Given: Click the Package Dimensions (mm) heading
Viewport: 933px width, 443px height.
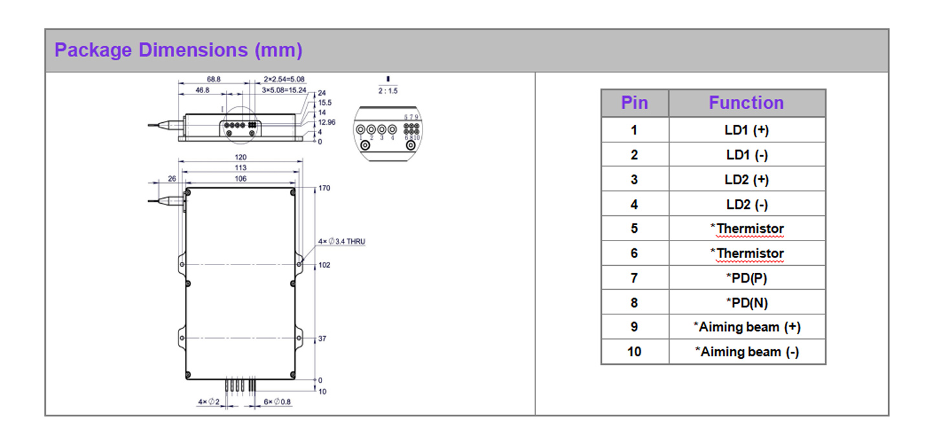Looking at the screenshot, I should tap(178, 50).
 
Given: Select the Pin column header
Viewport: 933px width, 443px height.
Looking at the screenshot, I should tap(634, 103).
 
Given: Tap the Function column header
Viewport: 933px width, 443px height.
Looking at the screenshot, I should tap(746, 103).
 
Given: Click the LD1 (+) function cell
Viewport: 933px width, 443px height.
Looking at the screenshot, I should tap(746, 130).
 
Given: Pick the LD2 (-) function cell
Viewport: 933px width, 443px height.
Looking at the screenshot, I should tap(746, 204).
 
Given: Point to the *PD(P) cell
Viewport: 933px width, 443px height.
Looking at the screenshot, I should tap(746, 278).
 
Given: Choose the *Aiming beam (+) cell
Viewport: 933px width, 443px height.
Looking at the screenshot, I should tap(746, 327).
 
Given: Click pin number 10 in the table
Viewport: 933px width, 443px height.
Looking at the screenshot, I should tap(634, 352).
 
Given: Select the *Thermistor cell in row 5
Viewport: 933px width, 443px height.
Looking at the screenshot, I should tap(746, 229).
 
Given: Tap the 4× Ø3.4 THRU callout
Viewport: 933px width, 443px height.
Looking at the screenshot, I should tap(342, 241).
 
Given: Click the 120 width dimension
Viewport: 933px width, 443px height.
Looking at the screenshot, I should tap(241, 158).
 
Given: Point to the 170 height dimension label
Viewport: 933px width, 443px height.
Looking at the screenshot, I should tap(324, 188).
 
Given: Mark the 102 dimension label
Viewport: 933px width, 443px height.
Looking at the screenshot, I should tap(324, 265).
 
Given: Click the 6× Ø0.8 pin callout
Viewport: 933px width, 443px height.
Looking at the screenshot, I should tap(277, 402).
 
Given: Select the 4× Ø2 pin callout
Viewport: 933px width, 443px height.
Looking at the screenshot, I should tap(209, 402).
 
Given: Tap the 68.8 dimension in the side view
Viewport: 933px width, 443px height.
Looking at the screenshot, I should tap(214, 79).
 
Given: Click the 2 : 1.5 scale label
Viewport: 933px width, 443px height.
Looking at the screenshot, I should tap(388, 91).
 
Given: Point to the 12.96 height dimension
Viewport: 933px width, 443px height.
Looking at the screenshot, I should tap(327, 122).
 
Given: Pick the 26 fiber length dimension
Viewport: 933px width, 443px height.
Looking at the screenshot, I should tap(171, 178).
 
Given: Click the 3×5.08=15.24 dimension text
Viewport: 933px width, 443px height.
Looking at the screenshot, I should tap(284, 90).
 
